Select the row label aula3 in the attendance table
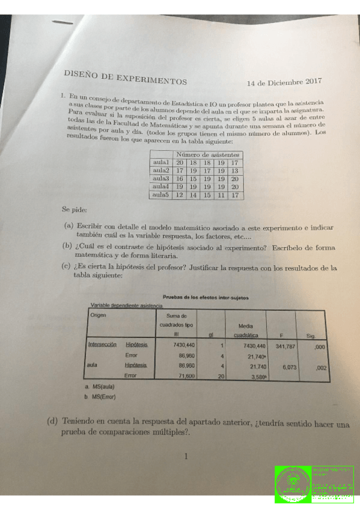161,179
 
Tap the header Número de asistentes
207,155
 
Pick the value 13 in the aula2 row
234,171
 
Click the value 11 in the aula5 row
221,195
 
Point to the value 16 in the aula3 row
180,179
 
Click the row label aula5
161,195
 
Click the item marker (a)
69,227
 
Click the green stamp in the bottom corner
314,484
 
